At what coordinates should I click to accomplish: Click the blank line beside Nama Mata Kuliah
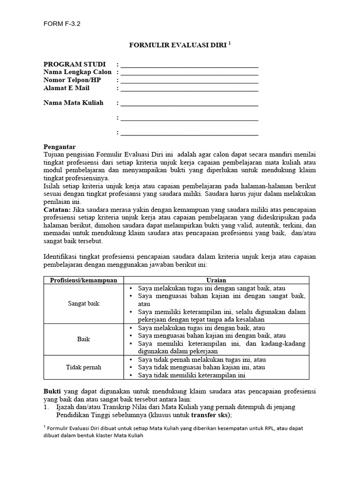(189, 103)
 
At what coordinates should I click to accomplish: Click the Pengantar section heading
(59, 147)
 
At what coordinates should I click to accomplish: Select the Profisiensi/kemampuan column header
(83, 280)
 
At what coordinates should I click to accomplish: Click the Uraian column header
(216, 280)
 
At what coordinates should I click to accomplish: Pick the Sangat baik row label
(83, 304)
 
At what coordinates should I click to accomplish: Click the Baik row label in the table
(83, 339)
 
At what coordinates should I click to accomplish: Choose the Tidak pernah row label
(83, 367)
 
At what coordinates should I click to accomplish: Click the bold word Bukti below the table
(52, 390)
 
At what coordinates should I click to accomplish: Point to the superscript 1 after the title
(230, 43)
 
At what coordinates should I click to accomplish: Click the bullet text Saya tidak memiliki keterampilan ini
(191, 375)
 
